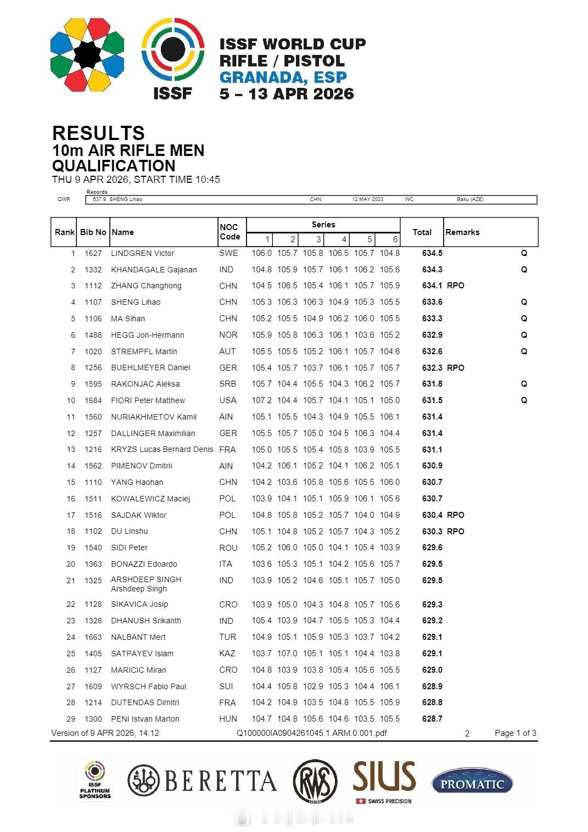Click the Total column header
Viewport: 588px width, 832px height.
(422, 232)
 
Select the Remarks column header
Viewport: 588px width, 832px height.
(462, 232)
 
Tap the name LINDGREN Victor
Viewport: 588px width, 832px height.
(142, 253)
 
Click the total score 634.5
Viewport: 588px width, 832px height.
(432, 253)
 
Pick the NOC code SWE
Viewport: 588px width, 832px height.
(228, 253)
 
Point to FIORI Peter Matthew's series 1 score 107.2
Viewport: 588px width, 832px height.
(261, 400)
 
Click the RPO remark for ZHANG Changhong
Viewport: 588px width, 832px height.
(455, 286)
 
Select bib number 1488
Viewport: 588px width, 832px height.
(93, 335)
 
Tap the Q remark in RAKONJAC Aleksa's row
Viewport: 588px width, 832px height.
(524, 384)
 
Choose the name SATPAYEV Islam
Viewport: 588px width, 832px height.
(142, 654)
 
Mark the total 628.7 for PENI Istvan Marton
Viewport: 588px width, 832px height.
(432, 719)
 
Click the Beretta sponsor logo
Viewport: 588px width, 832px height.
(202, 781)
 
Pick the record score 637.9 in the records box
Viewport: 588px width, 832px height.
(99, 199)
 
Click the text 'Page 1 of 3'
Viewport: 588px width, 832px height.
(515, 733)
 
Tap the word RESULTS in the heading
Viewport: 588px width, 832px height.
(98, 133)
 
